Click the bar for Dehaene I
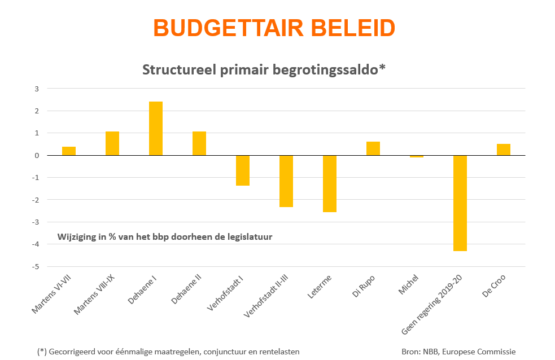coord(156,128)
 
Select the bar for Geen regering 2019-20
coord(460,203)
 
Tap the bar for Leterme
coord(330,183)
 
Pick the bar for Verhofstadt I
coord(243,170)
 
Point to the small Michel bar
coord(417,156)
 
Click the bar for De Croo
coord(504,150)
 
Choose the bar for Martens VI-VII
coord(69,151)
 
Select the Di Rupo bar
coord(373,148)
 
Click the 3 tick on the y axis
coord(37,89)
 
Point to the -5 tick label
coord(36,266)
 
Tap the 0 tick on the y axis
coord(37,155)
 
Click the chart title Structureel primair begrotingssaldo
coord(264,69)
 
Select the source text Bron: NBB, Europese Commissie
coord(458,352)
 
